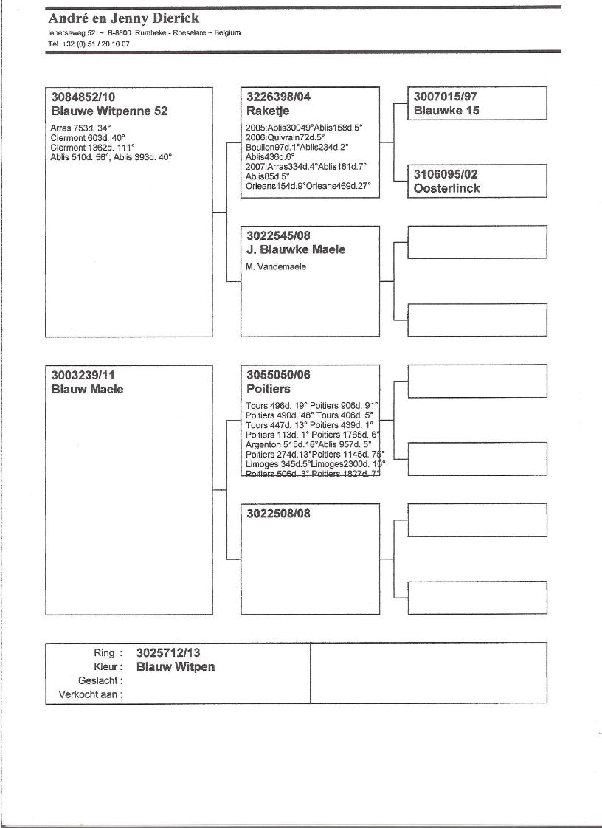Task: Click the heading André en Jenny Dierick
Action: [123, 18]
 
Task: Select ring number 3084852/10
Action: [83, 97]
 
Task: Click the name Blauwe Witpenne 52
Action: [109, 111]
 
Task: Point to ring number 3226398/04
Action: [279, 97]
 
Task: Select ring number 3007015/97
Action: [446, 97]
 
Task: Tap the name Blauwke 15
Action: [446, 111]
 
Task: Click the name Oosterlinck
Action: [446, 188]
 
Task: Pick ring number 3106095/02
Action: [446, 174]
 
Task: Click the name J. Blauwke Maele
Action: [295, 249]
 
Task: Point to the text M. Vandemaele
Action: [276, 266]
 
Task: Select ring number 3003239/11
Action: [83, 375]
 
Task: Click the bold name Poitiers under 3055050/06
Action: [269, 389]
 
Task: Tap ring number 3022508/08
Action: [279, 514]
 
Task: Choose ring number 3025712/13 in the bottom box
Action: [168, 652]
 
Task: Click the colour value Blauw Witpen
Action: [176, 667]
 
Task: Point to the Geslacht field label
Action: [100, 680]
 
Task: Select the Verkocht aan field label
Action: [91, 694]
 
